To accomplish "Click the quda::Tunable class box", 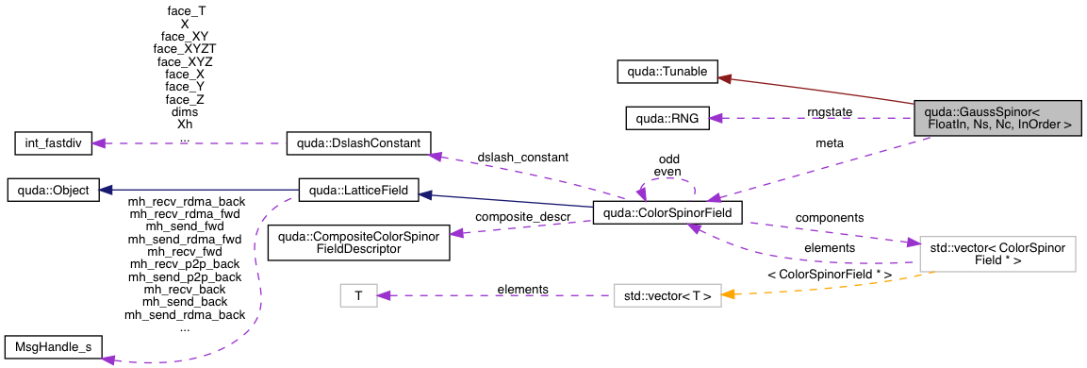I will tap(667, 71).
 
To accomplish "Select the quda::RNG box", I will tap(667, 118).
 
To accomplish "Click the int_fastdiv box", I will tap(56, 144).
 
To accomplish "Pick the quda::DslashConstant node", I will tap(357, 144).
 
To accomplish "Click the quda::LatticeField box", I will tap(354, 191).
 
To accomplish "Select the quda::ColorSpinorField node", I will tap(667, 214).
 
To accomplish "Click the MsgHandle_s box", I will tap(53, 347).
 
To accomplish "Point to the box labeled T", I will tap(358, 296).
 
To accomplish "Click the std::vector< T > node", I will tap(667, 296).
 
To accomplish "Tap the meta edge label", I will tap(830, 144).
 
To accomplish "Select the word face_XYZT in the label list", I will tap(185, 47).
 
